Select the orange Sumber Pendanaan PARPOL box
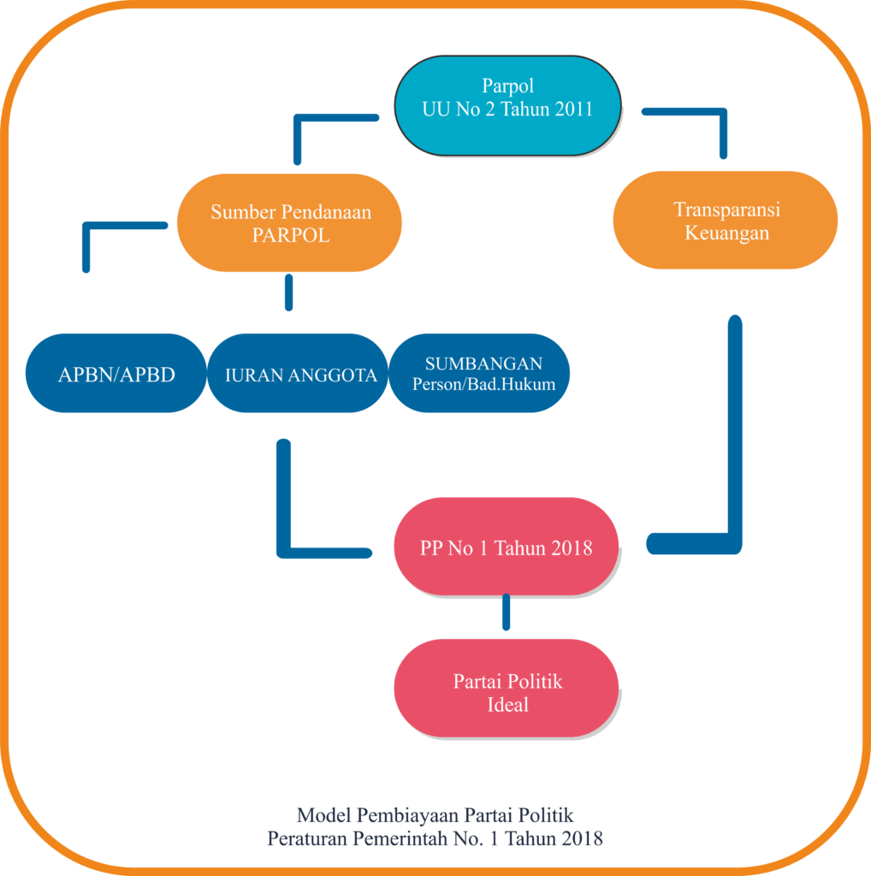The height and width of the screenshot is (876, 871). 290,223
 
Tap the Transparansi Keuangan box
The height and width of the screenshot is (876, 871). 726,221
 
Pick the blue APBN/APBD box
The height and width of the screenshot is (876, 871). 116,374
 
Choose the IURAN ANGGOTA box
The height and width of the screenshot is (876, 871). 300,374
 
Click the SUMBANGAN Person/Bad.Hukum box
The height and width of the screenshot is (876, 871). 483,374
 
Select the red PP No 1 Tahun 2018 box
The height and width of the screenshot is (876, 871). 506,547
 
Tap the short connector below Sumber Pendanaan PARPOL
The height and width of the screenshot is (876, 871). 288,293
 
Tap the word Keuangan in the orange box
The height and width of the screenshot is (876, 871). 726,233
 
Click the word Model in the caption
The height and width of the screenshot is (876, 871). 317,814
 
